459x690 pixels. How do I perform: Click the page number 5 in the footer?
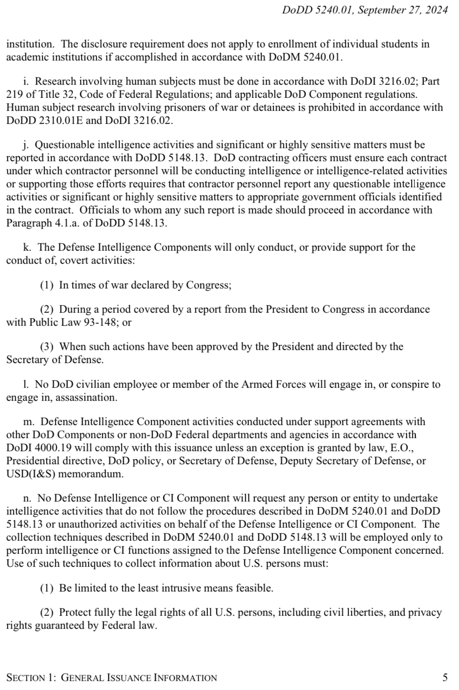pos(445,677)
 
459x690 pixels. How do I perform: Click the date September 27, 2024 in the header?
pos(402,10)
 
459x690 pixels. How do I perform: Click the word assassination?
pos(89,398)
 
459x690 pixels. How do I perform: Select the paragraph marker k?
pos(27,247)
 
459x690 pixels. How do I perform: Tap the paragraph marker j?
pos(26,145)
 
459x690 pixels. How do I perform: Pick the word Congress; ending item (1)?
pos(209,285)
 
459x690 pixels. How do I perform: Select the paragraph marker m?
pos(28,421)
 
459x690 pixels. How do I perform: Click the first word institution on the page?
pos(30,44)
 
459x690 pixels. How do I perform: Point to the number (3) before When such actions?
pos(47,346)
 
